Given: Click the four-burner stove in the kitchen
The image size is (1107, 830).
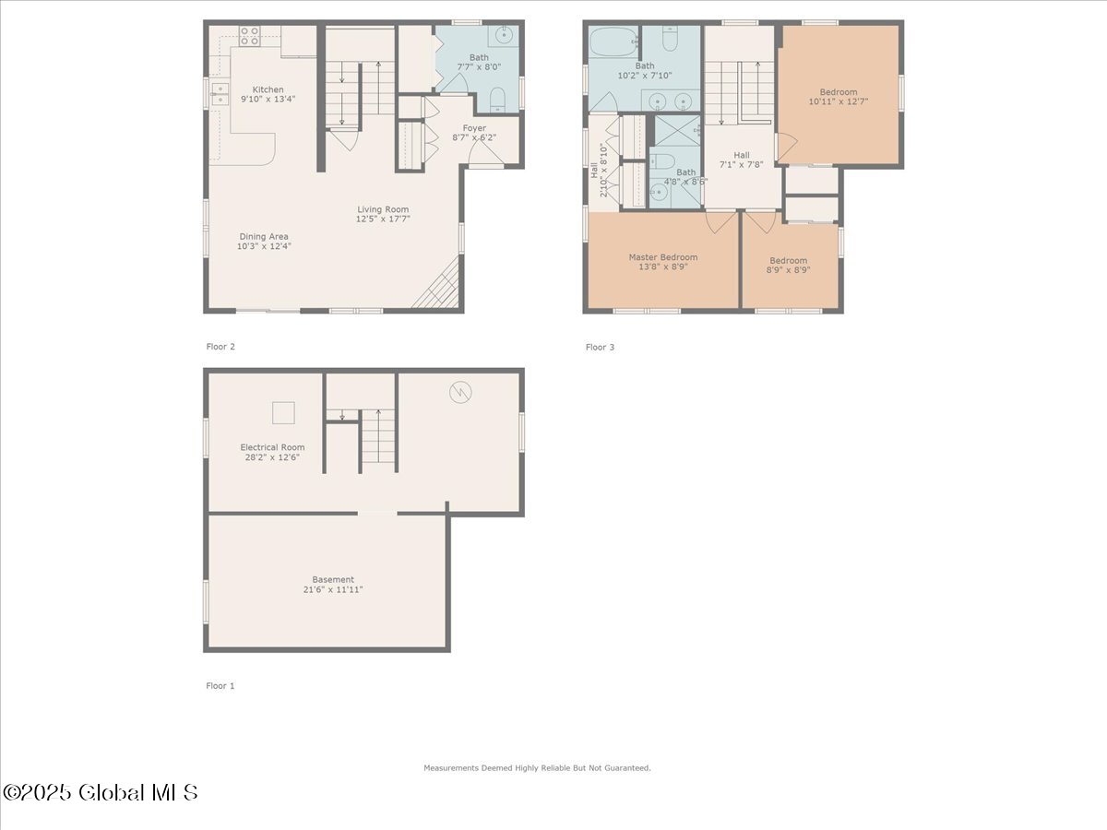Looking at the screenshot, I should coord(250,36).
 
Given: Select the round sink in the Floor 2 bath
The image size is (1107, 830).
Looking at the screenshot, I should coord(505,36).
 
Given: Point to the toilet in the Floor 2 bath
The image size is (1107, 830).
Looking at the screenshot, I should coord(495,99).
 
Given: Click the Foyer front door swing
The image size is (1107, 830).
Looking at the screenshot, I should coord(485,156).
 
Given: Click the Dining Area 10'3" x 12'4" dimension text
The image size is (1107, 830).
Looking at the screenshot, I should coord(265,246).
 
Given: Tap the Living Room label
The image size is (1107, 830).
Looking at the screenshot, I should coord(383,209).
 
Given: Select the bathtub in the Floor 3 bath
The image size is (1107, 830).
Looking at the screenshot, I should coord(613,41).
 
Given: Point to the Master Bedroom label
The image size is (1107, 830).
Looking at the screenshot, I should coord(662,257).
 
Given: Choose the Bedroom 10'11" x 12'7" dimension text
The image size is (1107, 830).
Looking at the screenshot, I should coord(839,102).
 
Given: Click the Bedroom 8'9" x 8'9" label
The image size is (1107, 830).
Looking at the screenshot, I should coord(788,260).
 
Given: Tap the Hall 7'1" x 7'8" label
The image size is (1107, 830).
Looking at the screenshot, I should coord(742,155).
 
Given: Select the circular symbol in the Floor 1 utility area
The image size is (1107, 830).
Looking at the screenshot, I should coord(459,392).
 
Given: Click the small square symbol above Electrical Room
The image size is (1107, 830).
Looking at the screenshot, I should coord(284,412).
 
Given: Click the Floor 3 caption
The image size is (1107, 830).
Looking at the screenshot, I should coord(600,348).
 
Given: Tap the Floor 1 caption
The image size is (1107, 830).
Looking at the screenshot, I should coord(220,686).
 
